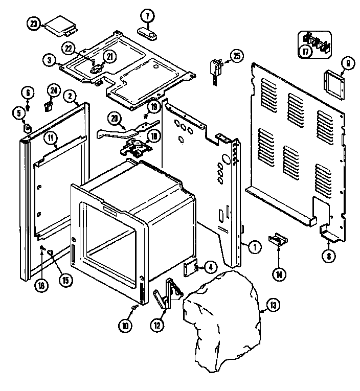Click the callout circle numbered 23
point(34,24)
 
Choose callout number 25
point(236,57)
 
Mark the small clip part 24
point(50,106)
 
